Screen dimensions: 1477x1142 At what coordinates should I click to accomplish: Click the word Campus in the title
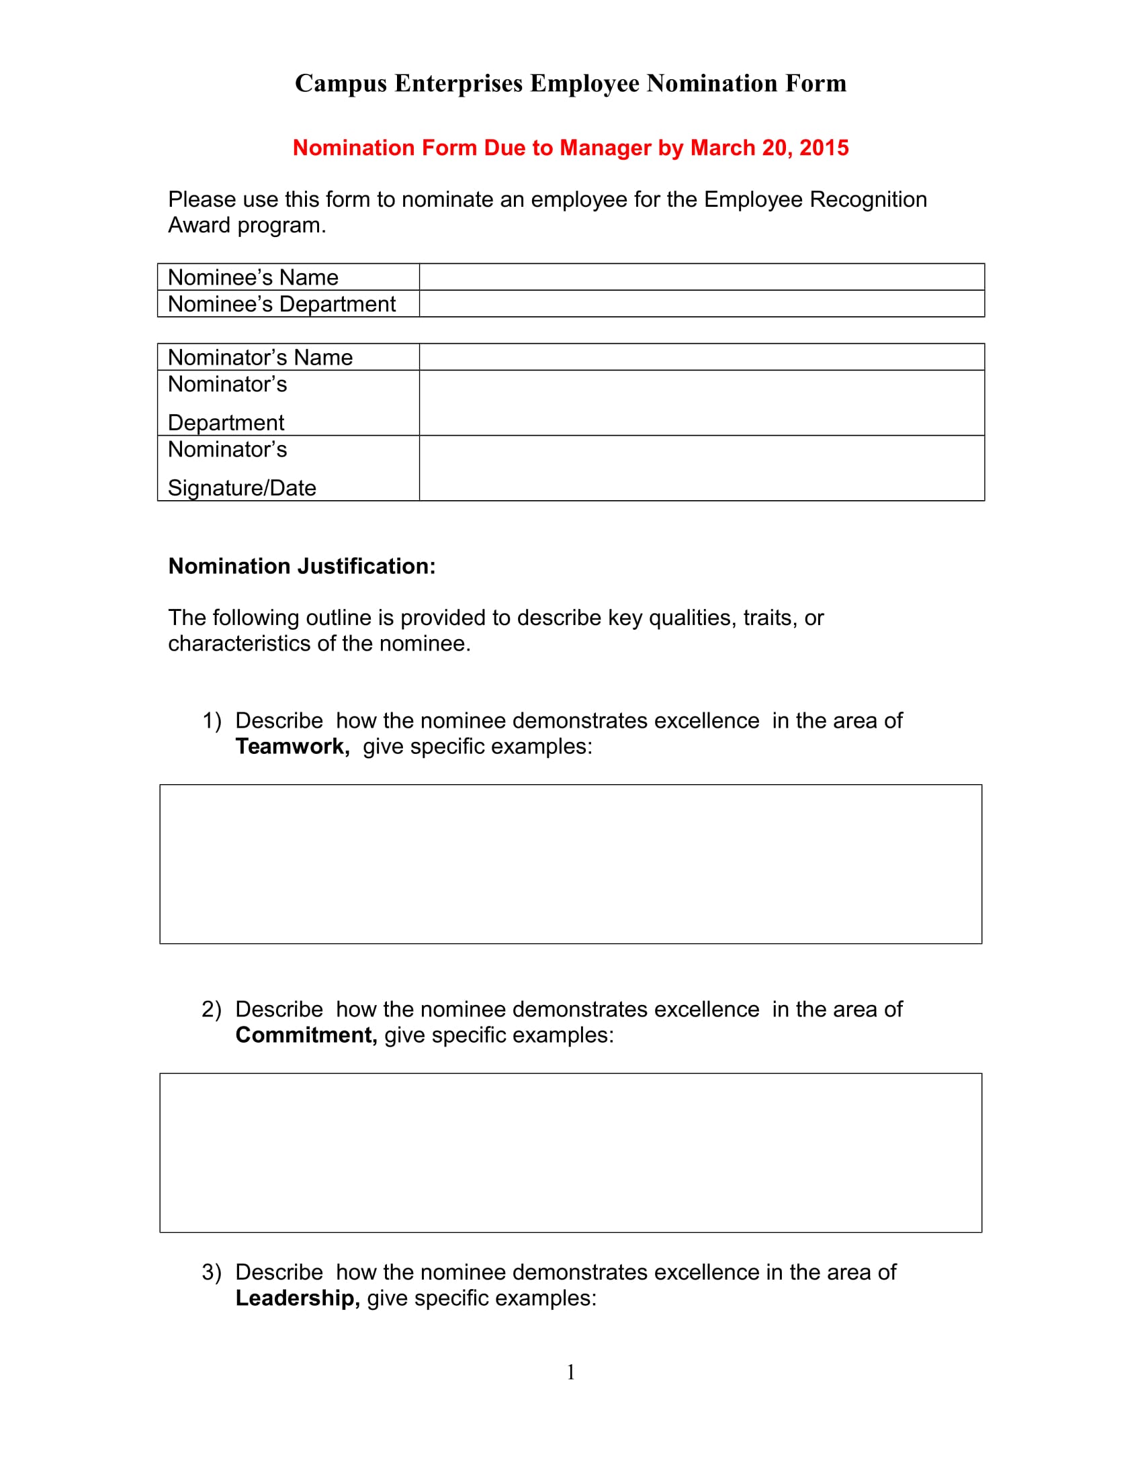pyautogui.click(x=341, y=84)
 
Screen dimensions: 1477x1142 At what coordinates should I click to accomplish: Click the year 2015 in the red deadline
pyautogui.click(x=824, y=148)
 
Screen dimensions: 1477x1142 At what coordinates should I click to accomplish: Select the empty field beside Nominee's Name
pyautogui.click(x=701, y=277)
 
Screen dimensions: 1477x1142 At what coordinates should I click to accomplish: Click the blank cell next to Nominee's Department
pyautogui.click(x=701, y=303)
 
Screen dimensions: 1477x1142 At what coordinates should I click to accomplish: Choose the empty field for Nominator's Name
pyautogui.click(x=701, y=357)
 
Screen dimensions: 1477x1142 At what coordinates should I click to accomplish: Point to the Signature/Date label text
pyautogui.click(x=242, y=487)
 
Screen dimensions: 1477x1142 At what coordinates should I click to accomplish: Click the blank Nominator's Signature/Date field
pyautogui.click(x=701, y=468)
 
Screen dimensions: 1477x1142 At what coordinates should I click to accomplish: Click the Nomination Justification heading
pyautogui.click(x=302, y=566)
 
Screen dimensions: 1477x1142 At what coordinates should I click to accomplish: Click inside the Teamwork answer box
pyautogui.click(x=570, y=863)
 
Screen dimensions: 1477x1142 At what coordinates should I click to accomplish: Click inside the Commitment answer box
pyautogui.click(x=570, y=1152)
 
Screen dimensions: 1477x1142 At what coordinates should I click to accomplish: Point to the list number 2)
pyautogui.click(x=211, y=1009)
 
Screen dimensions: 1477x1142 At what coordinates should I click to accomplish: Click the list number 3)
pyautogui.click(x=211, y=1272)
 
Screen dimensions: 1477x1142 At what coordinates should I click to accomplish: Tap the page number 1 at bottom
pyautogui.click(x=570, y=1372)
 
